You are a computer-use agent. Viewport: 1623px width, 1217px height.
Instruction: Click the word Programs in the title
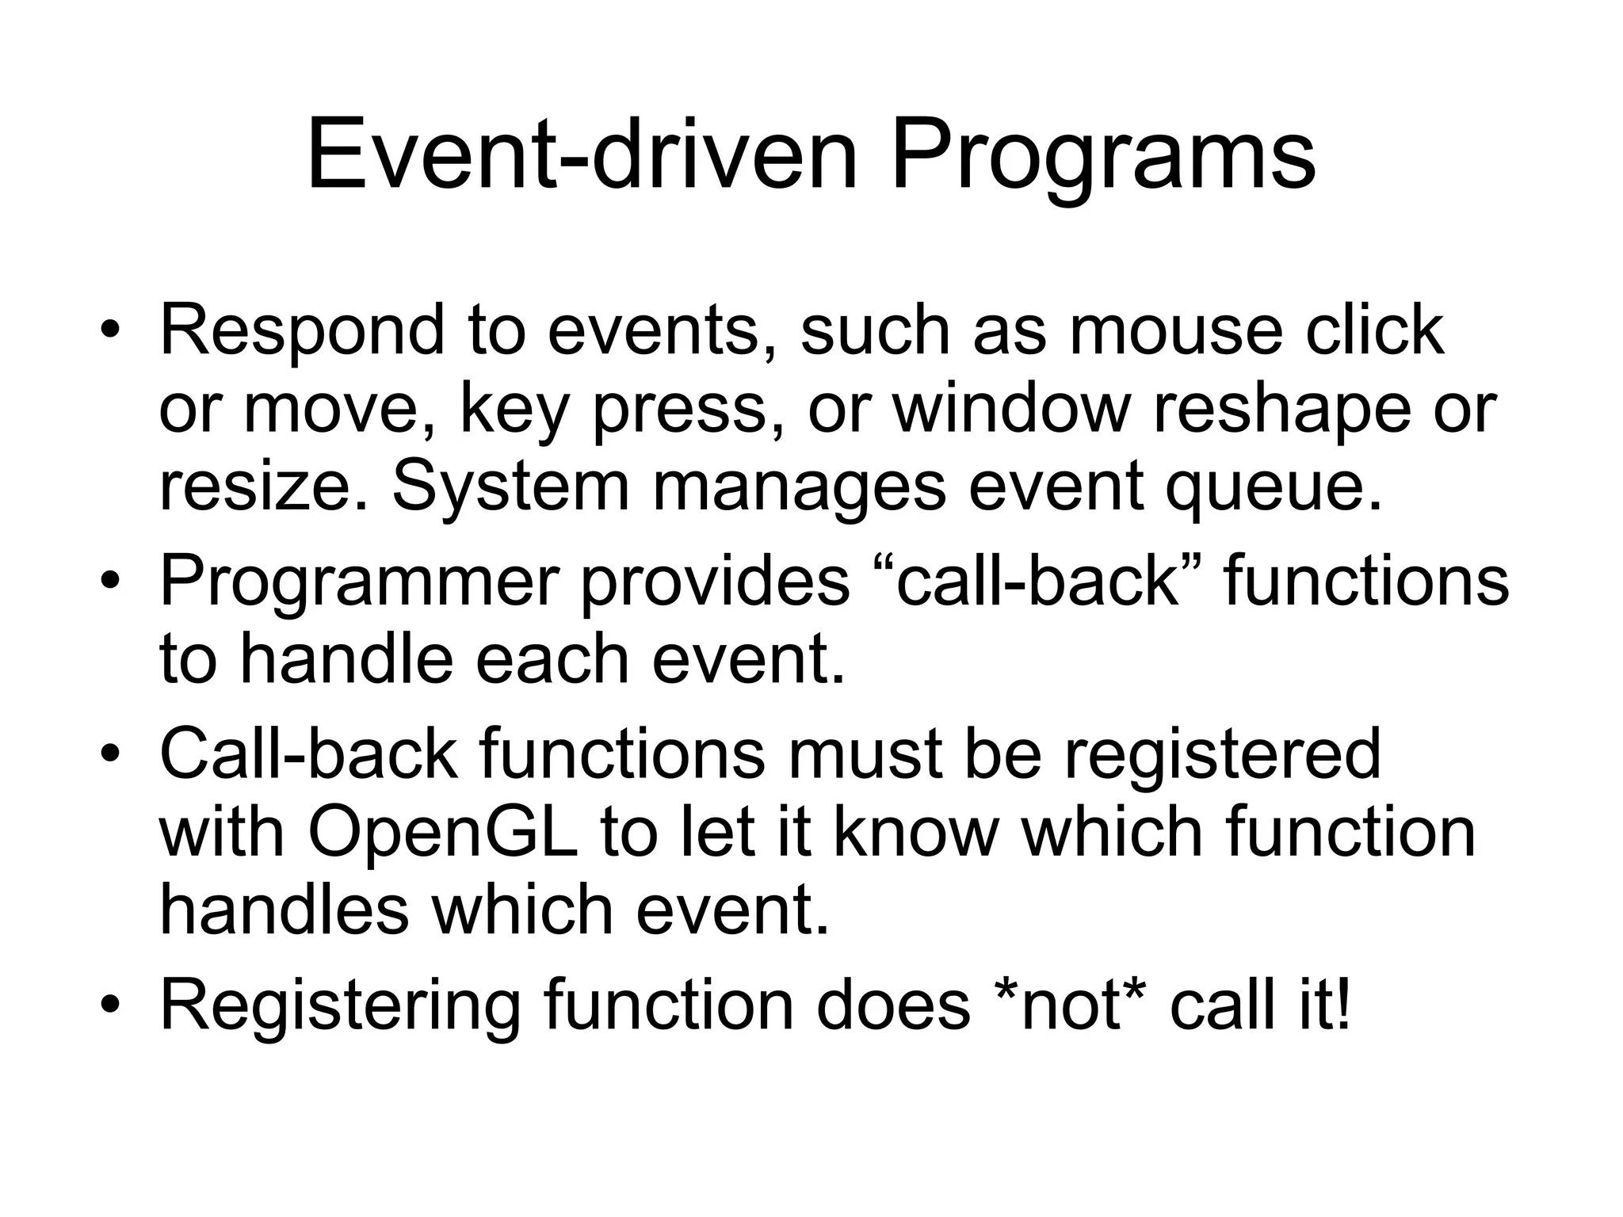(1102, 156)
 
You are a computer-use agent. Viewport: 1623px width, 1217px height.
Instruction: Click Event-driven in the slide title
(582, 156)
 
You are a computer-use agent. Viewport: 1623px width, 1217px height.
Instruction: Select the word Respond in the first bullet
(302, 331)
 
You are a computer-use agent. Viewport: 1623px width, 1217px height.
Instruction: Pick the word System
(510, 486)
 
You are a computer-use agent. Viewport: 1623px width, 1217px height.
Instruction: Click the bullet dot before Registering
(110, 1005)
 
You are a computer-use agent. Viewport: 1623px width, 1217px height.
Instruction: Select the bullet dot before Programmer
(110, 582)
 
